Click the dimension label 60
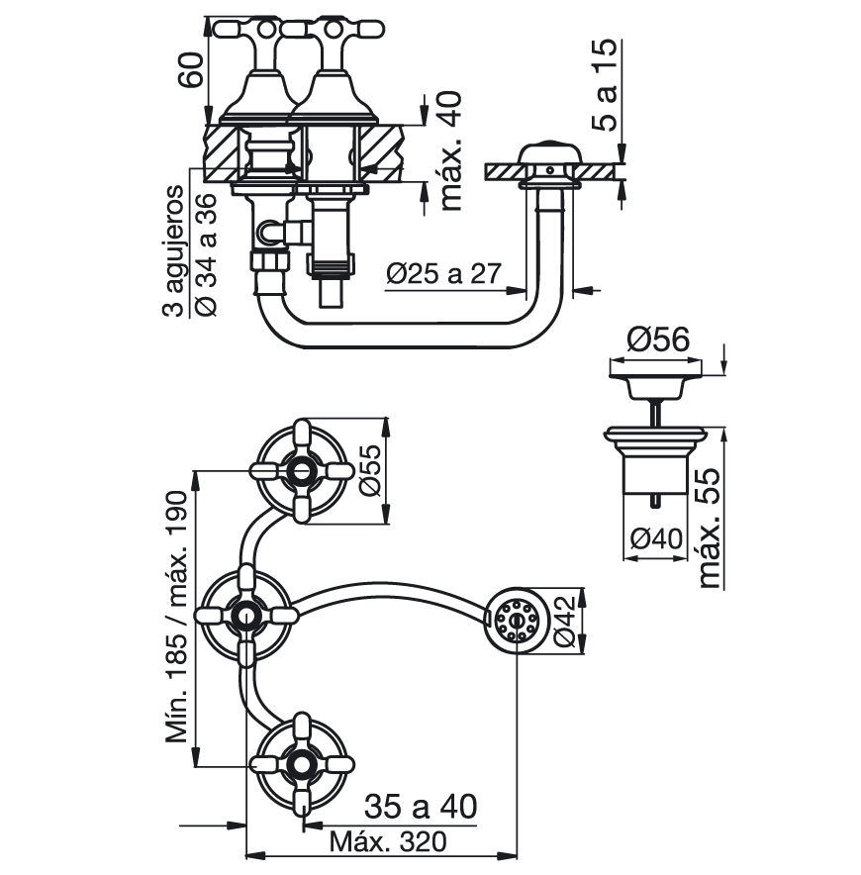pos(190,69)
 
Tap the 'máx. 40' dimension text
pos(451,150)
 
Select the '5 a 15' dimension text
pos(605,85)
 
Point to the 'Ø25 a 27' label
pos(444,274)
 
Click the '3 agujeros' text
pos(173,251)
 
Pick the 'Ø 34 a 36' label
pos(205,255)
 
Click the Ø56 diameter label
pos(658,340)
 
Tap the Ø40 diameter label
pos(656,538)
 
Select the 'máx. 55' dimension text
pos(710,528)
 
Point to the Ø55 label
pos(369,470)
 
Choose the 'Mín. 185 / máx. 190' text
pos(178,617)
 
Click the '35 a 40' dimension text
pos(421,807)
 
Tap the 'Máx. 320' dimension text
pos(388,842)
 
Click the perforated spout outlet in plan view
pos(517,620)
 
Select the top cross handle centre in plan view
pos(302,470)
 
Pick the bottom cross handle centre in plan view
pos(303,764)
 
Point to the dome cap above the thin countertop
pos(549,151)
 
